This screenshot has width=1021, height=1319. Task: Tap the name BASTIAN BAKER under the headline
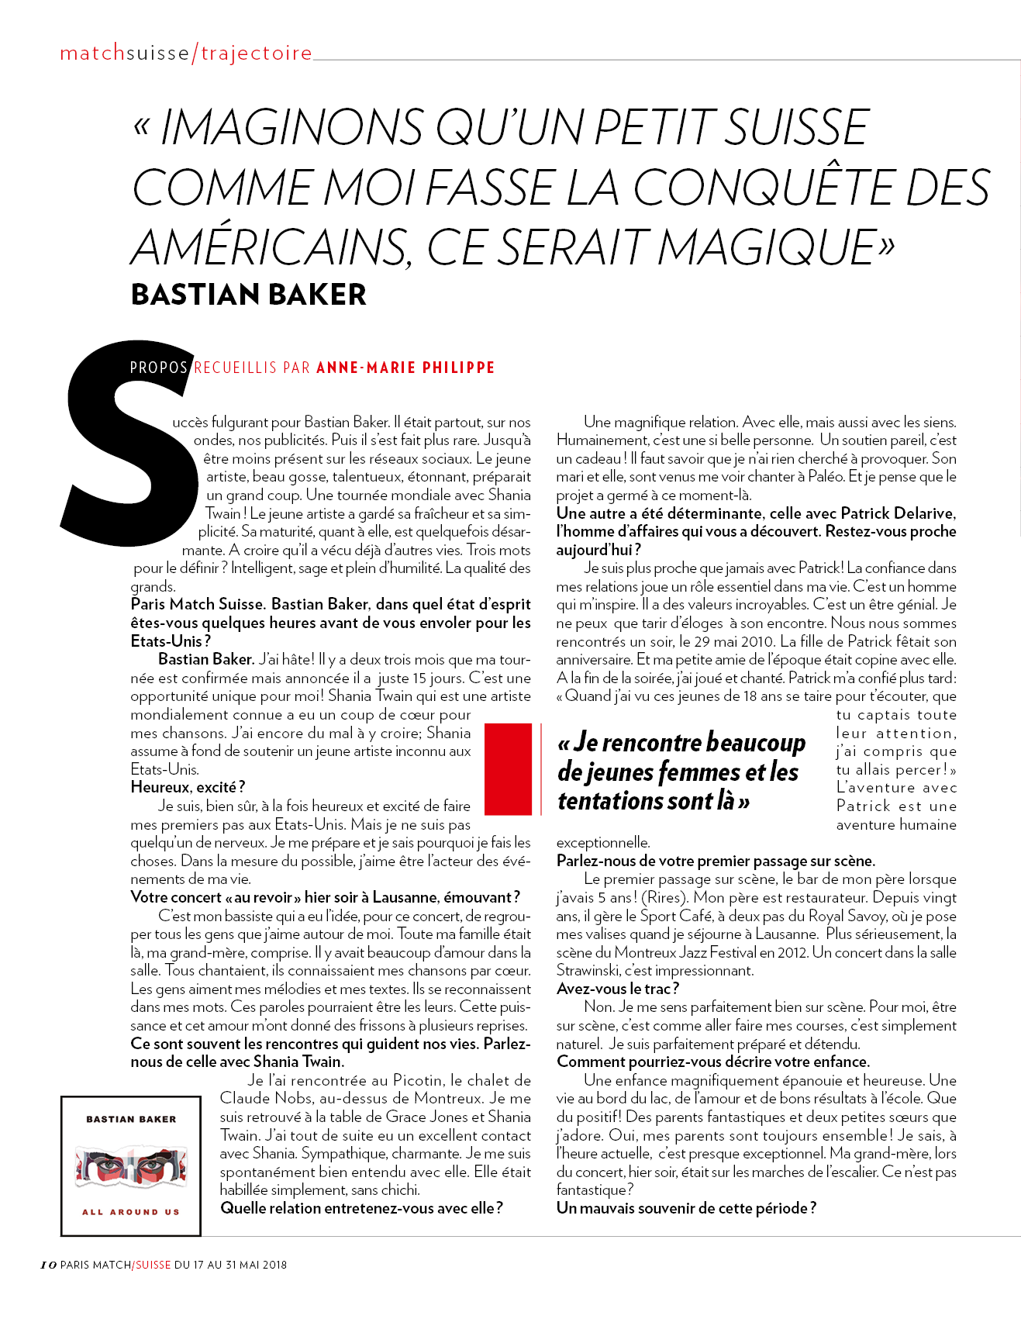tap(248, 295)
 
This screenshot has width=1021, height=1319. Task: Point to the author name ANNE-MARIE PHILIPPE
tap(405, 368)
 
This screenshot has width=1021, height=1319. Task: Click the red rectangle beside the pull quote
tap(508, 768)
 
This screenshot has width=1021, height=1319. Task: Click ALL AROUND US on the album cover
tap(131, 1211)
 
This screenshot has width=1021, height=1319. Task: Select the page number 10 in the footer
tap(48, 1265)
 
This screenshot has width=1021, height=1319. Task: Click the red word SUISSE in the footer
tap(153, 1265)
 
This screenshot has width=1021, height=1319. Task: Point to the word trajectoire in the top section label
tap(257, 54)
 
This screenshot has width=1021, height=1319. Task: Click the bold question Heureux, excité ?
tap(188, 787)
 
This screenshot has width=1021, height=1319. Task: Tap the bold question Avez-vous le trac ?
tap(618, 989)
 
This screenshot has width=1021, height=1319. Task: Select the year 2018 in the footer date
tap(274, 1265)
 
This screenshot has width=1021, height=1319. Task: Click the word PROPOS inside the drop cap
tap(159, 368)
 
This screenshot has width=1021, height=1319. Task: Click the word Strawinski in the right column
tap(589, 971)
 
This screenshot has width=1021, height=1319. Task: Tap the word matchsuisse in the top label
tap(125, 54)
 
